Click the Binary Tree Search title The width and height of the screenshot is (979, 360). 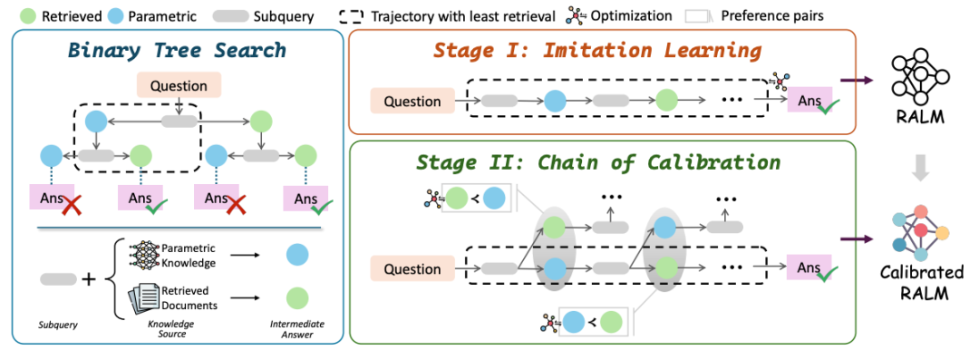177,49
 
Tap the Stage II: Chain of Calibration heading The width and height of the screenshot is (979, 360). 597,161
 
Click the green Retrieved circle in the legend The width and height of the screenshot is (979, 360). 29,15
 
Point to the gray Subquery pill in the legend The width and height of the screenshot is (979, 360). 230,15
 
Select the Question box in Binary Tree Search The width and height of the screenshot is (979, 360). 179,86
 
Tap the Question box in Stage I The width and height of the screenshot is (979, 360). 412,102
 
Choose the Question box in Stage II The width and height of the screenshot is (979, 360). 412,269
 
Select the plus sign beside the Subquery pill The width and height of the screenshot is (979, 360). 89,278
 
